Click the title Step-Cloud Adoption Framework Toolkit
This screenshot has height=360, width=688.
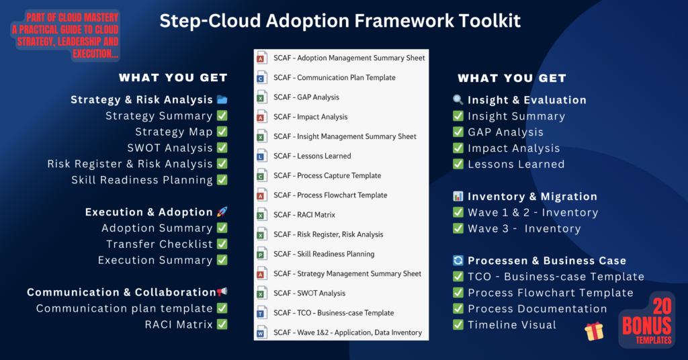(x=340, y=21)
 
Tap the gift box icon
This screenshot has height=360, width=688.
(x=594, y=332)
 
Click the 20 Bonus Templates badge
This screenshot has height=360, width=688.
(x=647, y=320)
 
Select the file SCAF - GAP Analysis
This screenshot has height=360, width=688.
(x=306, y=97)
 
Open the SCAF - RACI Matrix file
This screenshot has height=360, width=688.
(x=304, y=215)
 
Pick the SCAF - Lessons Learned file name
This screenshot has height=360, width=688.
(x=312, y=156)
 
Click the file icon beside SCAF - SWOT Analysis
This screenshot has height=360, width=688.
(x=261, y=293)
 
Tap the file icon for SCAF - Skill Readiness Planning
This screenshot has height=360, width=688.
(x=261, y=254)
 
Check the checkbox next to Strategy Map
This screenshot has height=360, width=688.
(x=222, y=132)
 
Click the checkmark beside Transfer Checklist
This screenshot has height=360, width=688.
(x=222, y=244)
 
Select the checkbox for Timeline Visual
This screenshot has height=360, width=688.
(x=458, y=324)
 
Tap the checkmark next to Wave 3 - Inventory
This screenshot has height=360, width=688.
(x=458, y=228)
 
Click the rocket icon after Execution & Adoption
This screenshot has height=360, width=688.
(x=222, y=212)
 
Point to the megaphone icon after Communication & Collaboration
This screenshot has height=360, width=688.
(x=222, y=291)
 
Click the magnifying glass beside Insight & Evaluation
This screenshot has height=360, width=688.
(x=458, y=99)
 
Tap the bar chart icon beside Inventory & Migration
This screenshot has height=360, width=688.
(x=458, y=196)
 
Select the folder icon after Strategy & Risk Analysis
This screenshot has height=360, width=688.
(x=222, y=99)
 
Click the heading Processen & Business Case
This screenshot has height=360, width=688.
(x=547, y=261)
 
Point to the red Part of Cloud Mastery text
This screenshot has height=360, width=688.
(x=65, y=36)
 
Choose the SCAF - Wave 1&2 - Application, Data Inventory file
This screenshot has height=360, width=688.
(x=347, y=332)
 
